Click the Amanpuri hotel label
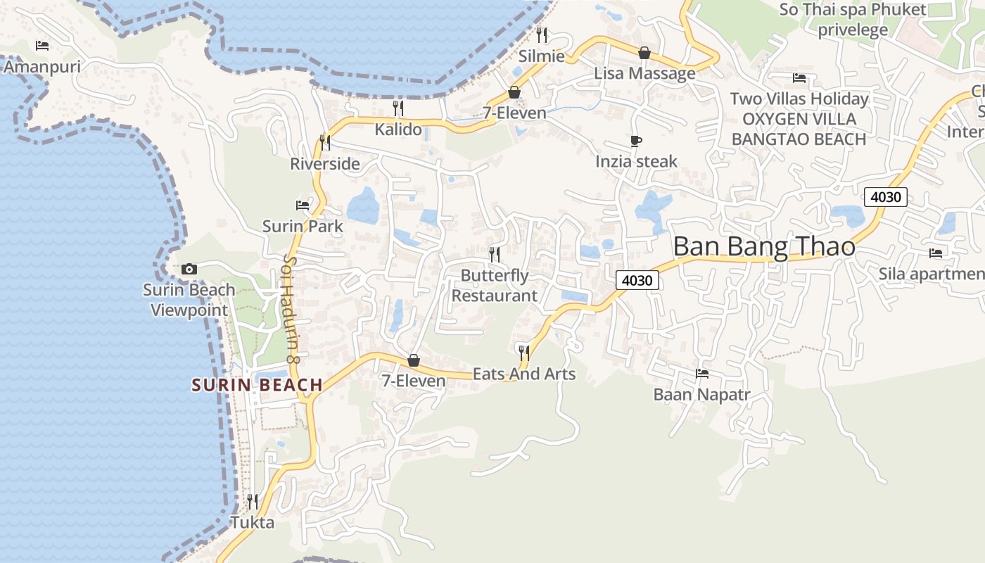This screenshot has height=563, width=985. pos(42,67)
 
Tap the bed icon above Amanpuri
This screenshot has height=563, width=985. pos(42,46)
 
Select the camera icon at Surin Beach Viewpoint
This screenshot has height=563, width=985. pos(189,269)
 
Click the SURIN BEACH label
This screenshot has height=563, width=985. pos(257,385)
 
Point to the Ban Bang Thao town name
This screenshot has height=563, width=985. pos(764,247)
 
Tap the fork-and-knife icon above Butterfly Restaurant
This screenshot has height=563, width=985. pos(495,253)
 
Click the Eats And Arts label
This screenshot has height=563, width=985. pos(523,374)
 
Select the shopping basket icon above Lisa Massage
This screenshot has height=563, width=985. pos(644,53)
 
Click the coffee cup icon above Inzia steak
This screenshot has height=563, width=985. pos(636,141)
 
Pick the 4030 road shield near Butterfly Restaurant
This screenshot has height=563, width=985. pos(637,280)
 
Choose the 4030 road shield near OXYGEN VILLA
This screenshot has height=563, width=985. pos(885,197)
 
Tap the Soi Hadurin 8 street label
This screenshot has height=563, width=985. pos(291,310)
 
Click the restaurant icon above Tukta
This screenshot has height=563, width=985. pos(252,502)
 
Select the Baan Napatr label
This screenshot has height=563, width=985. pos(701,394)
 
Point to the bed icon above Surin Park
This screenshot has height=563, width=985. pos(303,205)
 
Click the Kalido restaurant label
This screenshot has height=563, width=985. pos(398,129)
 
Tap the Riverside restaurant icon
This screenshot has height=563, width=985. pos(324,142)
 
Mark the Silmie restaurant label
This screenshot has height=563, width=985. pos(541,56)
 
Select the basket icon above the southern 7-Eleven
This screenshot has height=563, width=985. pos(414,360)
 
